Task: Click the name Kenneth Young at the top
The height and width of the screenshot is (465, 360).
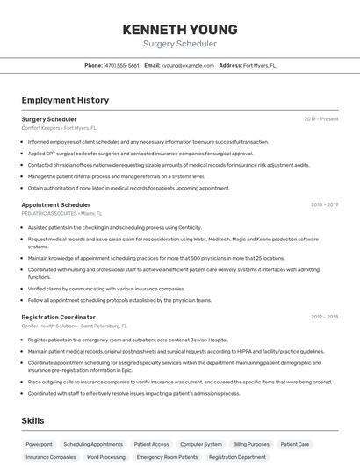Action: (180, 30)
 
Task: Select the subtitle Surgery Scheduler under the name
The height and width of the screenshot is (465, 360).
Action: (180, 44)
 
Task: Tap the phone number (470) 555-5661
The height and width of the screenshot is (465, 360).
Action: (121, 65)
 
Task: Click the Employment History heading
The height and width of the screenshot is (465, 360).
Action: (65, 100)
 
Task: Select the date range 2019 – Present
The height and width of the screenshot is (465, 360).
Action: (321, 118)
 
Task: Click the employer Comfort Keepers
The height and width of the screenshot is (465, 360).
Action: (41, 127)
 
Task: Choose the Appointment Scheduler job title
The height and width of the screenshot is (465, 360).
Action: (56, 204)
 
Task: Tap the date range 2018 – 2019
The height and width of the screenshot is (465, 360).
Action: (324, 204)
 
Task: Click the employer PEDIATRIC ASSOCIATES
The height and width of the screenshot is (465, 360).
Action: (49, 213)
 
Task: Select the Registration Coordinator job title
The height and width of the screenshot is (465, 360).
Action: (59, 317)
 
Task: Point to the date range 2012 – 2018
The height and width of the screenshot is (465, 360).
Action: (324, 317)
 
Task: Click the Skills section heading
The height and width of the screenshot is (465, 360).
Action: (33, 420)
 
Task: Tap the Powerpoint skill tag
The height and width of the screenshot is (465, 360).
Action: (39, 444)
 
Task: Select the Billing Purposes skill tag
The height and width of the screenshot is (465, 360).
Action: (251, 444)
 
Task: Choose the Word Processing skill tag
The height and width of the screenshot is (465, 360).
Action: (106, 457)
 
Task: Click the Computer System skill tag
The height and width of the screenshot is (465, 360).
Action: (201, 444)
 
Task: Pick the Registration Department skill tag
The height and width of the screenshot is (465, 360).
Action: (237, 457)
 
